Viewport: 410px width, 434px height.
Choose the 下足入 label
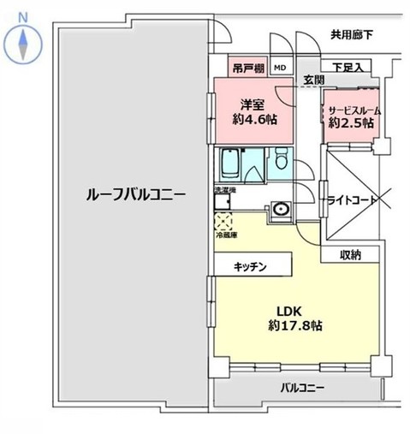coord(348,67)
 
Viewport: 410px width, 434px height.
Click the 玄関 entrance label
coord(312,80)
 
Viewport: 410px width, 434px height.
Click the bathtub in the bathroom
coord(231,163)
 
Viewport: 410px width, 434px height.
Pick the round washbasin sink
coord(280,208)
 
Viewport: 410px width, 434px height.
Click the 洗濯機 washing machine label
coord(224,190)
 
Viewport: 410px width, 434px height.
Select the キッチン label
coord(251,267)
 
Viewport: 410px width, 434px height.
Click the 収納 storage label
coord(349,254)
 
